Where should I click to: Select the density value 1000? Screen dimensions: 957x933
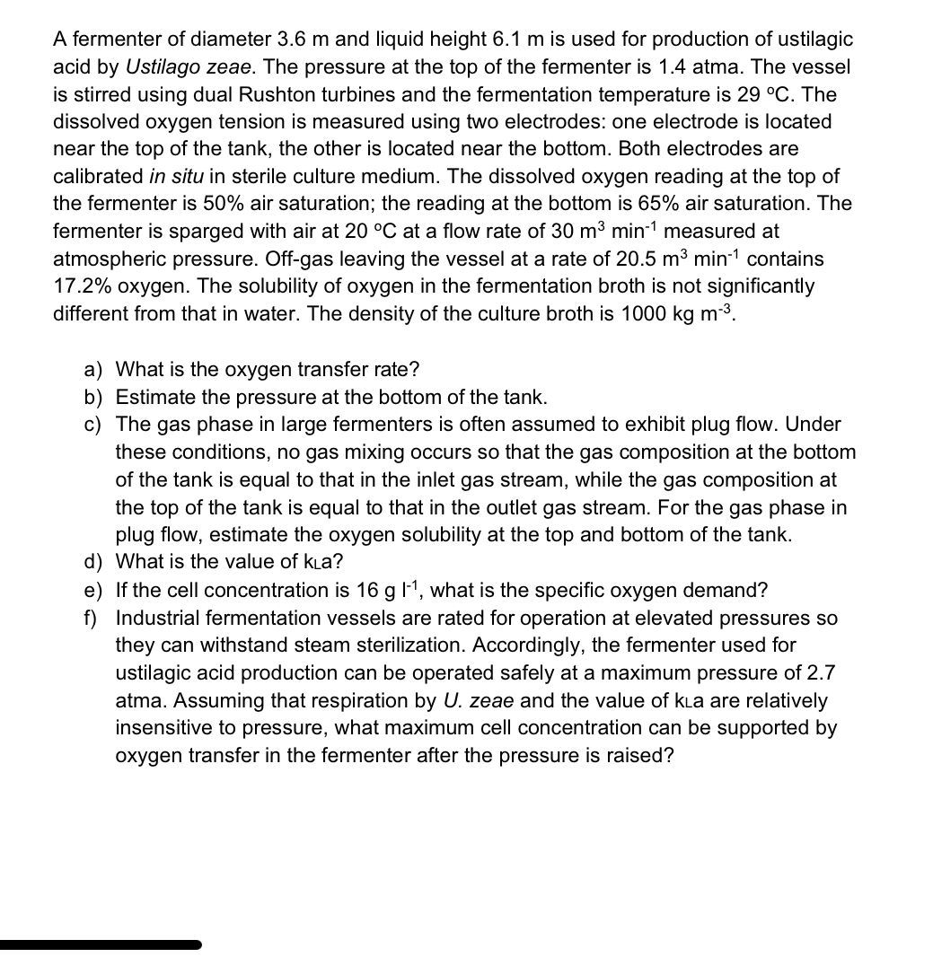tap(646, 314)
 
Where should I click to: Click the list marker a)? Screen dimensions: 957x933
tap(93, 370)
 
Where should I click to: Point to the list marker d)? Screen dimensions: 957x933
tap(93, 563)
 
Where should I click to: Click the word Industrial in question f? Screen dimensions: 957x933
tap(160, 619)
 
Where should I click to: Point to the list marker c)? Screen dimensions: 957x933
tap(93, 425)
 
